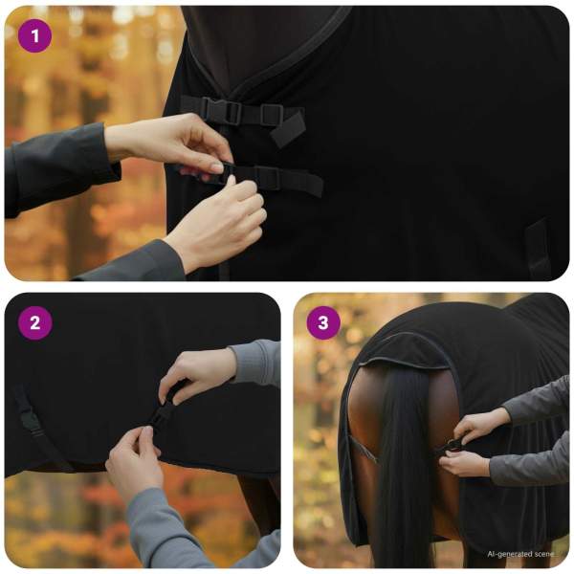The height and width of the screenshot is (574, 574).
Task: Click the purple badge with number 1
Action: [34, 36]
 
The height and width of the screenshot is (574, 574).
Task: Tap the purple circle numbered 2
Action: [34, 323]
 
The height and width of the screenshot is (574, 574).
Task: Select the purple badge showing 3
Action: [323, 323]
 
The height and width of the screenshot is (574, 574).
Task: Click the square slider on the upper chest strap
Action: [272, 115]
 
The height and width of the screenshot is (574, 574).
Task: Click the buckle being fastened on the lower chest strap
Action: [223, 173]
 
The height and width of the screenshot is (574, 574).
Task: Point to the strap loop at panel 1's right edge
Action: [538, 248]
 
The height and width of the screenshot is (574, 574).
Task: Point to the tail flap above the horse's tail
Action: [403, 351]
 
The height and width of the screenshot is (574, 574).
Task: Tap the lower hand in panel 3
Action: [464, 464]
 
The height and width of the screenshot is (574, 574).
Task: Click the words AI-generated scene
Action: [521, 554]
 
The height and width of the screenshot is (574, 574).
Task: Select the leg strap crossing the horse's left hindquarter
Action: [364, 450]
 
